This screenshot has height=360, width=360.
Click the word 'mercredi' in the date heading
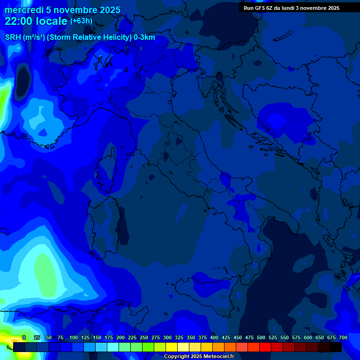22,10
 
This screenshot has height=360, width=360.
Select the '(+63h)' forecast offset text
81,21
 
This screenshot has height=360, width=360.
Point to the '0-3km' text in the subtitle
144,37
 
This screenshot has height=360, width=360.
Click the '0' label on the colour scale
24,337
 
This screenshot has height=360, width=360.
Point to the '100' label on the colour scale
73,337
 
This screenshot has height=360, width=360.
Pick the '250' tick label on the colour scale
144,337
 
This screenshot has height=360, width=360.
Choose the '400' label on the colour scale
214,337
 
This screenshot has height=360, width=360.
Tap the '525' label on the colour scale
273,337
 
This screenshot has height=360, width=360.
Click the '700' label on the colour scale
343,337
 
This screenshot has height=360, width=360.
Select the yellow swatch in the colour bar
171,347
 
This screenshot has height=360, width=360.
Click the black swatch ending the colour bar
336,347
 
